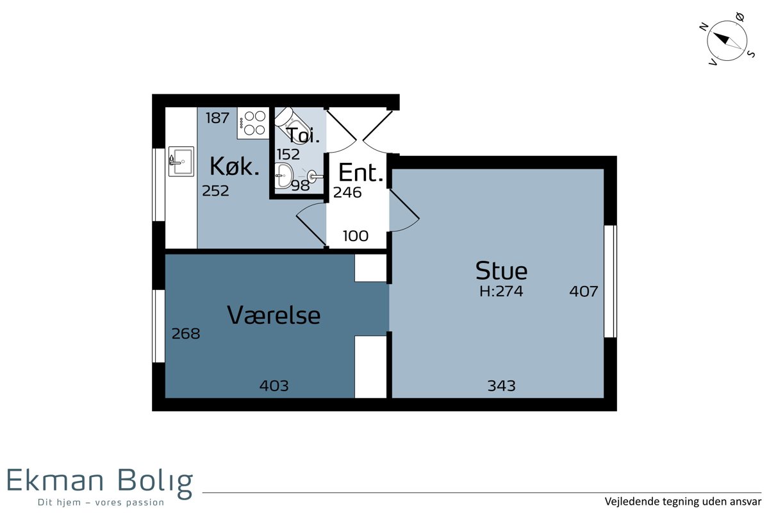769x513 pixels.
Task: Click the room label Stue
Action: [x=501, y=271]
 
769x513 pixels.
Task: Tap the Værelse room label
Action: [x=274, y=315]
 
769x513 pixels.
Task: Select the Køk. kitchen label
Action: [x=235, y=166]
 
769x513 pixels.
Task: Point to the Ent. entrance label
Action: [x=360, y=172]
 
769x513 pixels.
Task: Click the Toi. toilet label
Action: [x=302, y=135]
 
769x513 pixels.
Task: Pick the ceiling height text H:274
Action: [x=501, y=291]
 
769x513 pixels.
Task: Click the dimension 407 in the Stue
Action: [x=584, y=291]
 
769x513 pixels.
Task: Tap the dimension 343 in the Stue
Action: [x=502, y=386]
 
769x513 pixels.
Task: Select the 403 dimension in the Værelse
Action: [x=274, y=386]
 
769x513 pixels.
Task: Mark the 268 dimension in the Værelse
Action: [x=186, y=333]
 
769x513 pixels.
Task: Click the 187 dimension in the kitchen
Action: [x=218, y=118]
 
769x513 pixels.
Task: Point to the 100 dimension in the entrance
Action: [x=356, y=236]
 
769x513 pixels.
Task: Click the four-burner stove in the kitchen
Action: [x=253, y=123]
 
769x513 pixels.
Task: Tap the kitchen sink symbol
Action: [x=181, y=162]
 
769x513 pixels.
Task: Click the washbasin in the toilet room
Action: [x=283, y=176]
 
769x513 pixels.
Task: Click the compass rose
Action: [x=727, y=40]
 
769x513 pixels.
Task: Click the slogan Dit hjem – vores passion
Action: [x=101, y=502]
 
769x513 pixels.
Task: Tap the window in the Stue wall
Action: [x=610, y=282]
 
